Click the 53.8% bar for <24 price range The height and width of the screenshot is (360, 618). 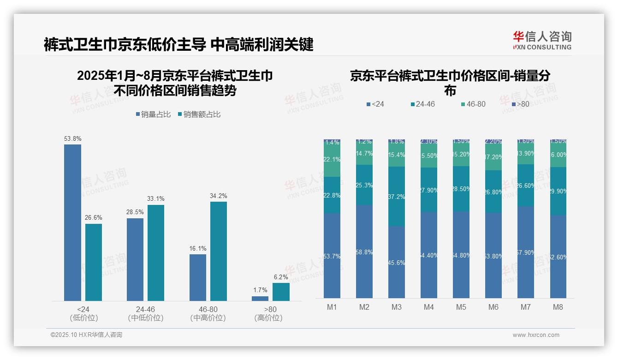coord(72,222)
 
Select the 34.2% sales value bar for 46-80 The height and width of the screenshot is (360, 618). coord(219,251)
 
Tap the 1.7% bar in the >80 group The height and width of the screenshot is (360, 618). coord(260,298)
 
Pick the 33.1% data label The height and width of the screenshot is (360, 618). coord(156,198)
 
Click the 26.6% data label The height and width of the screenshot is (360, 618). coord(93,217)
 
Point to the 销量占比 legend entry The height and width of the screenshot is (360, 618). coord(153,114)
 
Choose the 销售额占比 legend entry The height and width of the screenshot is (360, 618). coord(199,114)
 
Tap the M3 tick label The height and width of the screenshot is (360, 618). coord(397,307)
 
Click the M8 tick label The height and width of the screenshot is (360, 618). coord(558,307)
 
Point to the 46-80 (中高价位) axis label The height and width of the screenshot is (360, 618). coord(208,313)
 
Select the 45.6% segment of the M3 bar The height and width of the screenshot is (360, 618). coord(397,262)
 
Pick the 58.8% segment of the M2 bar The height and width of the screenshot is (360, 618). coord(364,252)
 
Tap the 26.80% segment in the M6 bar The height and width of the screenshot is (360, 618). coord(493,192)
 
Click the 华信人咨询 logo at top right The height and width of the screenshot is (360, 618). coord(542,40)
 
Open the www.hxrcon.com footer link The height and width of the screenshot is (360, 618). coord(535,335)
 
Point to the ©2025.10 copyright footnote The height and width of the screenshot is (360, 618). coord(86,335)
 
